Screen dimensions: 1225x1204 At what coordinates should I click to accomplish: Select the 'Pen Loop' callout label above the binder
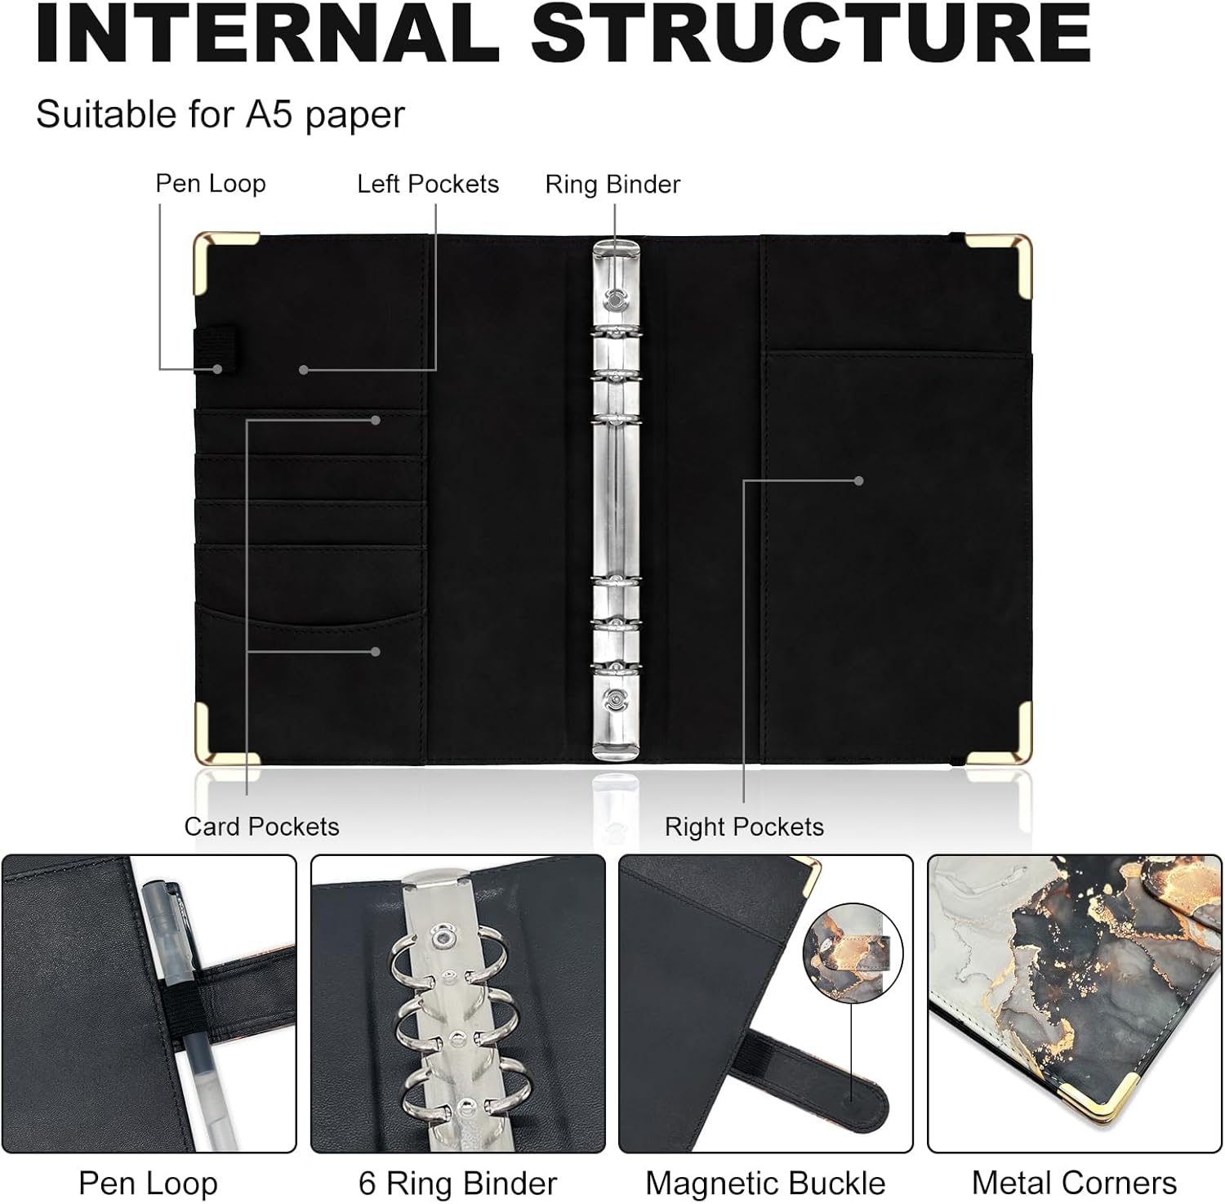click(211, 184)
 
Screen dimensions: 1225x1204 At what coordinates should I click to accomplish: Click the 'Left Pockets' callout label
click(428, 184)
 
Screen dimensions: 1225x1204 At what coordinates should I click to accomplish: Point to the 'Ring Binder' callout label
click(612, 185)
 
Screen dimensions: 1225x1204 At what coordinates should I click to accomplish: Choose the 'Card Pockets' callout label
click(261, 827)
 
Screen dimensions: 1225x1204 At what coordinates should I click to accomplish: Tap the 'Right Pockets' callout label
click(744, 827)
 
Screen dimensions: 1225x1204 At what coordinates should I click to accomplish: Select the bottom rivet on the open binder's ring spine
click(616, 699)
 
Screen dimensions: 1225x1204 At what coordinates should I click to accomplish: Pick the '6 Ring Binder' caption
click(457, 1183)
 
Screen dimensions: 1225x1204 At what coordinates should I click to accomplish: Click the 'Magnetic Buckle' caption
click(765, 1183)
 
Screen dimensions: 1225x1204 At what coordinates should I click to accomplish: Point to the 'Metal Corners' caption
click(1074, 1183)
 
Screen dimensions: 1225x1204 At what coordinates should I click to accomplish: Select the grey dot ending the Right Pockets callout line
click(858, 481)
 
